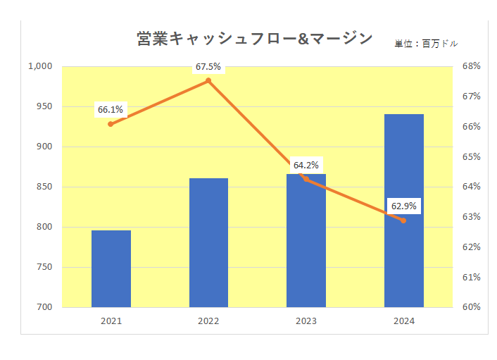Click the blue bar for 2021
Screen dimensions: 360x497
(x=111, y=268)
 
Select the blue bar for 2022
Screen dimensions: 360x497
(x=208, y=242)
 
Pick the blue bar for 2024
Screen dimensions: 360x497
(x=403, y=210)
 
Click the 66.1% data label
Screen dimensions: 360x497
(x=111, y=110)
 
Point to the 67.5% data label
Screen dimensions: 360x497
(x=208, y=67)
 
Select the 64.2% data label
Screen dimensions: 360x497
(x=306, y=166)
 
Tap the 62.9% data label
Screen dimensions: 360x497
(x=403, y=206)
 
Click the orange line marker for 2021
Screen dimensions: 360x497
(x=111, y=124)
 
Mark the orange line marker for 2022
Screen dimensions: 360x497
(x=208, y=81)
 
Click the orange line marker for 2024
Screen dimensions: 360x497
(x=403, y=221)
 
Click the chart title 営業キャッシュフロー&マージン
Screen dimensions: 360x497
(x=255, y=39)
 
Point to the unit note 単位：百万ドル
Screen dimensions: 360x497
(x=425, y=44)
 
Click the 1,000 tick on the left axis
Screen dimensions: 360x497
(x=40, y=66)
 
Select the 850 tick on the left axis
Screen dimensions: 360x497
(x=44, y=187)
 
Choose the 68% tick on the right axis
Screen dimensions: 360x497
(x=471, y=66)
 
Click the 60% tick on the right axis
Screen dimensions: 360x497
(x=471, y=307)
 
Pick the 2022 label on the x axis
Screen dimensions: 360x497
(x=208, y=321)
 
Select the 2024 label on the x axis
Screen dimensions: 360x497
(x=403, y=321)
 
